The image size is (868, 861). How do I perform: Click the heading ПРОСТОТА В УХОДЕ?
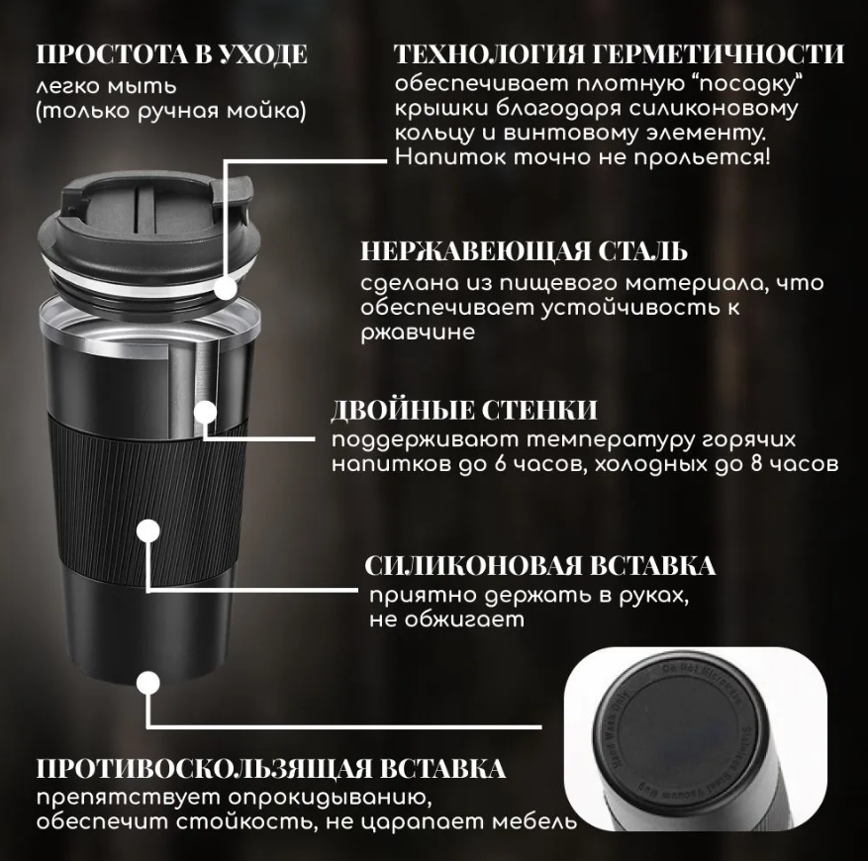click(171, 54)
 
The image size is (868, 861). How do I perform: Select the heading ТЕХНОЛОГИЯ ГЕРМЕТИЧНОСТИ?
click(619, 54)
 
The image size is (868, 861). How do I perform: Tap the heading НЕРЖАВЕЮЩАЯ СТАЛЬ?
click(524, 252)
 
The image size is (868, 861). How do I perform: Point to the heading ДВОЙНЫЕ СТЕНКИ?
click(464, 411)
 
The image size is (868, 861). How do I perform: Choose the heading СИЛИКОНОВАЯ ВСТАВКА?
click(539, 566)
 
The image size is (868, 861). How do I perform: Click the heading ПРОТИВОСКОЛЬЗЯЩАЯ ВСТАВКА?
click(271, 769)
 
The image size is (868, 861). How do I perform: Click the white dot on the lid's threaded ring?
click(226, 288)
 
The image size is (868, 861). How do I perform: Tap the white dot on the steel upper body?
click(205, 412)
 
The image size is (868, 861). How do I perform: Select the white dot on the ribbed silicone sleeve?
click(147, 531)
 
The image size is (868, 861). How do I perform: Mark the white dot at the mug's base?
click(147, 683)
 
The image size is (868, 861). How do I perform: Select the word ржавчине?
click(418, 333)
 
